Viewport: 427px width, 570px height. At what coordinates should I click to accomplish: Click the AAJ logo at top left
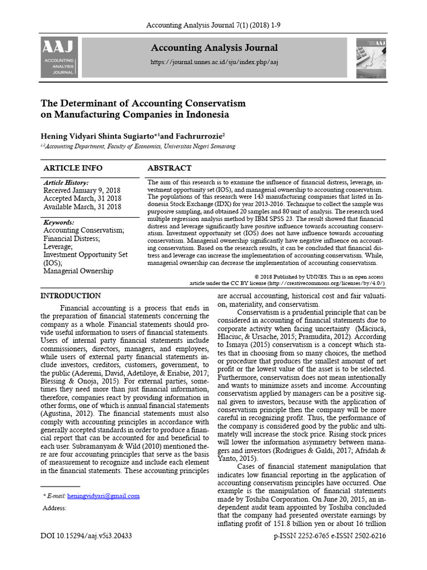[59, 57]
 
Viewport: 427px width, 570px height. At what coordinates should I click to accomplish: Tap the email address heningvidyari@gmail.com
[103, 495]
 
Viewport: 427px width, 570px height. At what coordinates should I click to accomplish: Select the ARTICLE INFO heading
[73, 168]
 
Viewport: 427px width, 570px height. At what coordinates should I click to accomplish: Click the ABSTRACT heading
[169, 168]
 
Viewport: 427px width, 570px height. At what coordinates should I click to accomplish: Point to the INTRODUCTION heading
[71, 296]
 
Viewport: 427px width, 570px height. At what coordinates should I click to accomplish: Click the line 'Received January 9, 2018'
[82, 190]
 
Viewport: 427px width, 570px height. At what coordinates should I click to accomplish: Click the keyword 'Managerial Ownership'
[78, 271]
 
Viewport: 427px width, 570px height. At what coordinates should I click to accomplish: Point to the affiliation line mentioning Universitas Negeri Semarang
[139, 146]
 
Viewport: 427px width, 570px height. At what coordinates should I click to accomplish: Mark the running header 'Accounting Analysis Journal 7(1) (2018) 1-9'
[213, 26]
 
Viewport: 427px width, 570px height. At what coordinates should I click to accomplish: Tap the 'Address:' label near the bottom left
[54, 508]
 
